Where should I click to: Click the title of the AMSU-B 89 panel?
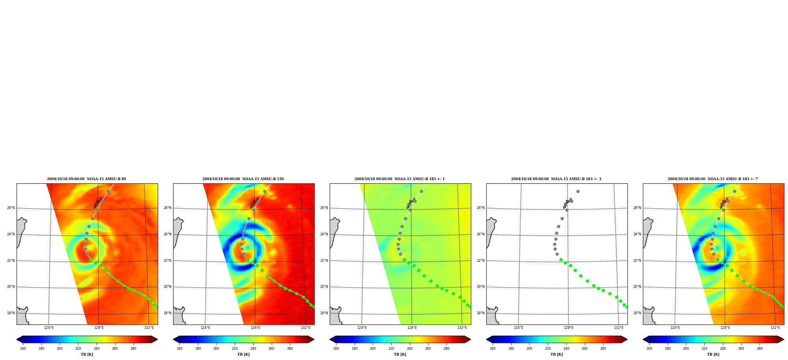click(x=86, y=179)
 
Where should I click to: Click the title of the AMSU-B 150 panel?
click(x=243, y=179)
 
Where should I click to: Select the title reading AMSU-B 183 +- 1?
click(x=400, y=179)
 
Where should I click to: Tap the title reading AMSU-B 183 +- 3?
click(x=556, y=179)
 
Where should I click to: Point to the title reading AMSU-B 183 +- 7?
click(x=713, y=179)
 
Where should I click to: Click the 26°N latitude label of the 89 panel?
click(x=11, y=208)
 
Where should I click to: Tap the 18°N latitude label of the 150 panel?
click(x=167, y=313)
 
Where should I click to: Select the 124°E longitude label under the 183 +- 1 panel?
click(x=362, y=328)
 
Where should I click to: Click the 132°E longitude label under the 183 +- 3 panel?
click(x=618, y=328)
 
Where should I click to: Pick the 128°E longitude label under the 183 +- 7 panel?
click(x=725, y=328)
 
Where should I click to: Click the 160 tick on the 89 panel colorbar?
click(x=23, y=349)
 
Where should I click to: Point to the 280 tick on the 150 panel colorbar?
click(x=290, y=349)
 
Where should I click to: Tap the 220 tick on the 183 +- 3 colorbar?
click(x=548, y=349)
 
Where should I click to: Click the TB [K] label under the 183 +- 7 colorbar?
click(x=713, y=354)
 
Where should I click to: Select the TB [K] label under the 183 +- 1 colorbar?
click(x=400, y=354)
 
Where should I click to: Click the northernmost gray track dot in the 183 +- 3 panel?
click(x=578, y=191)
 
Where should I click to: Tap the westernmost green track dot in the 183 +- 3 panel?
click(x=561, y=259)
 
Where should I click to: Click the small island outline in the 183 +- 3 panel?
click(x=567, y=203)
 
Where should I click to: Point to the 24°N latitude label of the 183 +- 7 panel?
click(x=637, y=234)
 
